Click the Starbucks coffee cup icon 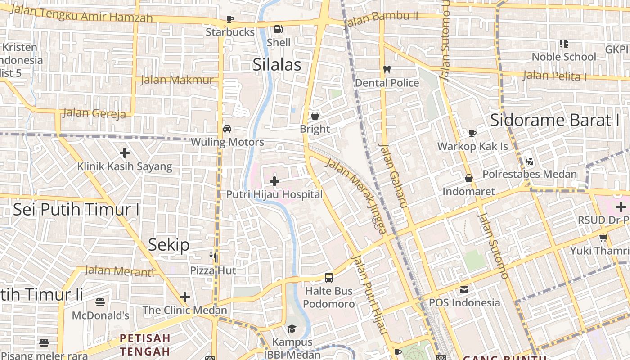coord(230,19)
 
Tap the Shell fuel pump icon coord(279,29)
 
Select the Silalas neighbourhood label coord(277,64)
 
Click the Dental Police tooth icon coord(387,70)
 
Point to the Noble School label coord(564,57)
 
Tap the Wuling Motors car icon coord(227,129)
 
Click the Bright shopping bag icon coord(315,116)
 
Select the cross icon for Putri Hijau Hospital coord(274,181)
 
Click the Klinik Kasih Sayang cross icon coord(125,153)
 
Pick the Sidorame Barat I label coord(555,120)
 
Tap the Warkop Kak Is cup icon coord(472,133)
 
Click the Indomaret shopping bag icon coord(469,178)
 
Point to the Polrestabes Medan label coord(529,174)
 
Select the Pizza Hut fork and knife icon coord(213,257)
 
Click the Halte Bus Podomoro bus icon coord(329,277)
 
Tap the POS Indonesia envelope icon coord(464,289)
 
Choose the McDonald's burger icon coord(100,302)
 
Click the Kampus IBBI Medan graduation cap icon coord(292,328)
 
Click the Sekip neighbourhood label coord(169,245)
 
